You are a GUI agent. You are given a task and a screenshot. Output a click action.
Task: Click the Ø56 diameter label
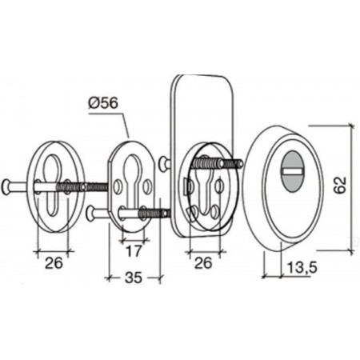pos(103,103)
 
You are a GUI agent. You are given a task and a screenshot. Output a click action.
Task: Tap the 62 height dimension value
pos(340,185)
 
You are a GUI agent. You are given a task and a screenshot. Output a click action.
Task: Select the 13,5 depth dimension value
pos(302,267)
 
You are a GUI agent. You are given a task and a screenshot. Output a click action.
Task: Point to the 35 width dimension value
pos(134,278)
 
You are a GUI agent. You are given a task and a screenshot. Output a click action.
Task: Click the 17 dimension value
pos(133,251)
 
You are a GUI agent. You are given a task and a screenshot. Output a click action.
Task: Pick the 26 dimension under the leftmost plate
pos(54,263)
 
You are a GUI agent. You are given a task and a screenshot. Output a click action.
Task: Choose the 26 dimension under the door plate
pos(203,263)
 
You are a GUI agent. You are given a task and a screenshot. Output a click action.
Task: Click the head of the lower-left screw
pos(92,213)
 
